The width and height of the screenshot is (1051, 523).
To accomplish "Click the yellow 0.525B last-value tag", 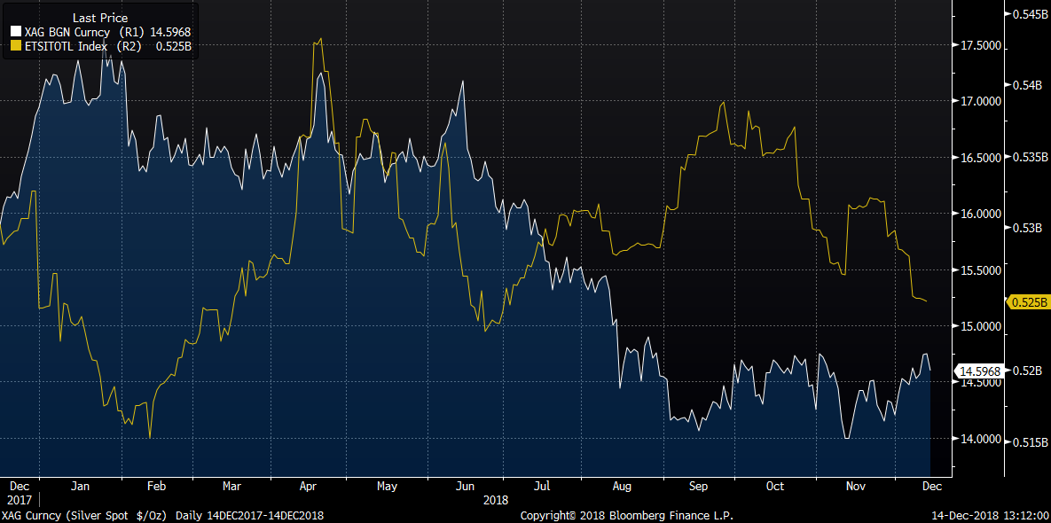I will pos(1029,301).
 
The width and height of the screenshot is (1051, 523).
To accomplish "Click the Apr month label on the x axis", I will pos(309,486).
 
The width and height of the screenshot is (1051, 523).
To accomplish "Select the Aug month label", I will pos(622,486).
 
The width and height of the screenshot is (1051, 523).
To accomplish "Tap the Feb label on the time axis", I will pos(156,486).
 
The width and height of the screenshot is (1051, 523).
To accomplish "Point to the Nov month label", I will pos(856,486).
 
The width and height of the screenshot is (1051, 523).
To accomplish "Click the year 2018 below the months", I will pos(496,500).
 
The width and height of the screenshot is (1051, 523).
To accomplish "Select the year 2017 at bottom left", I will pos(19,500).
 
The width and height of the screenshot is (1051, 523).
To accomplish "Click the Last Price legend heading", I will pos(99,17).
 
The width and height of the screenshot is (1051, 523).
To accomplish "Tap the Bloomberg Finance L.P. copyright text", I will pos(626,515).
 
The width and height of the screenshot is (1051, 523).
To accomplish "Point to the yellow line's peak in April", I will pos(319,39).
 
